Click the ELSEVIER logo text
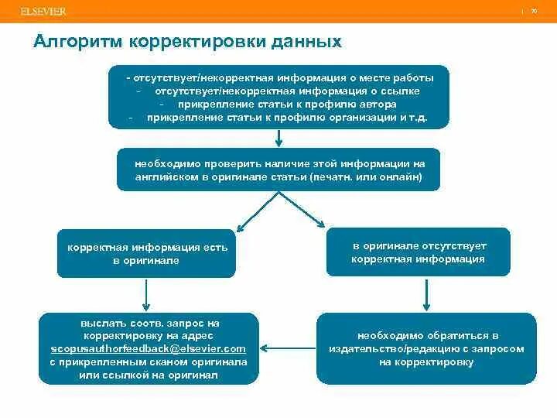pyautogui.click(x=43, y=12)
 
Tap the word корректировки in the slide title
pyautogui.click(x=191, y=41)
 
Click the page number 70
pyautogui.click(x=534, y=12)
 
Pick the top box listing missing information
pyautogui.click(x=278, y=97)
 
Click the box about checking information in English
pyautogui.click(x=278, y=170)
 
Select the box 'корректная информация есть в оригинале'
pyautogui.click(x=146, y=253)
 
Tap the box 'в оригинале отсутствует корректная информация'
pyautogui.click(x=418, y=252)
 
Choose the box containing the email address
pyautogui.click(x=149, y=348)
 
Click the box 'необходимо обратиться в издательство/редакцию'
pyautogui.click(x=426, y=348)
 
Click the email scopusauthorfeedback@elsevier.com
pyautogui.click(x=149, y=348)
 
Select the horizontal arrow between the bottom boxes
pyautogui.click(x=287, y=348)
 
